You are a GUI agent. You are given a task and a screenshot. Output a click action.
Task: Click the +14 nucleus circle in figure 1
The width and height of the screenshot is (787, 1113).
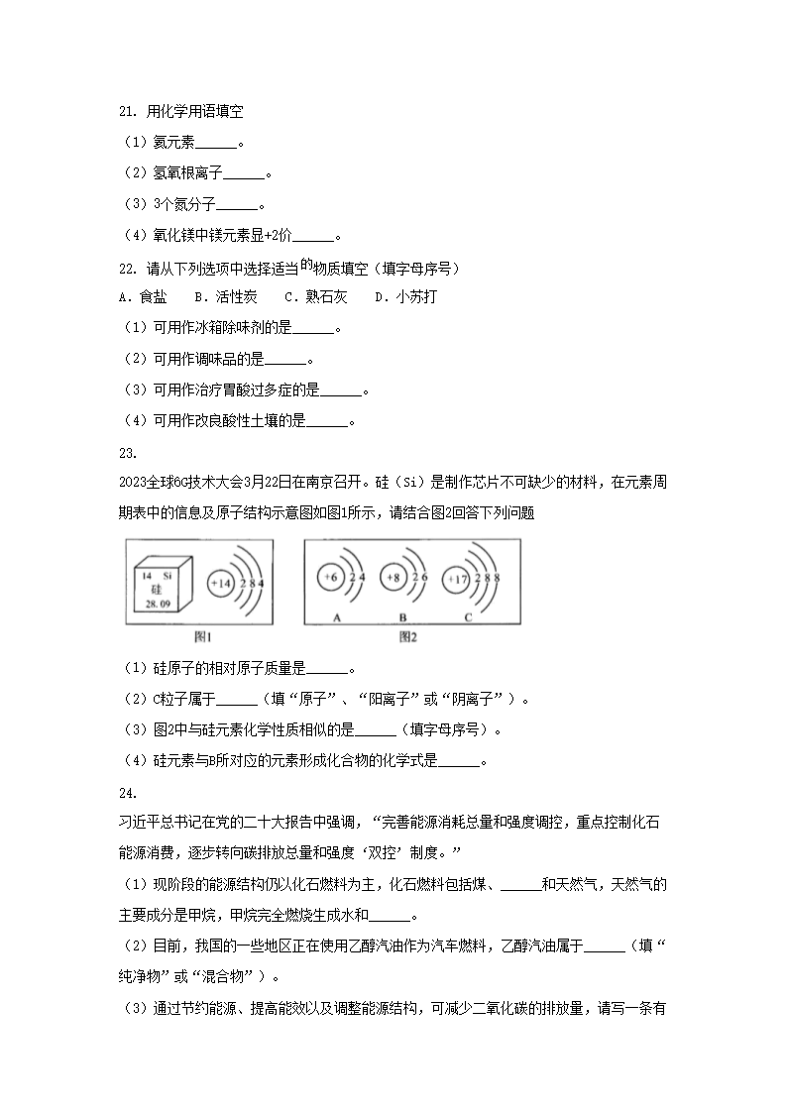pos(220,584)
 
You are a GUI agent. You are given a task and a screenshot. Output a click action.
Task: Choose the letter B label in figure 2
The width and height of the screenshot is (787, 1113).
pos(403,616)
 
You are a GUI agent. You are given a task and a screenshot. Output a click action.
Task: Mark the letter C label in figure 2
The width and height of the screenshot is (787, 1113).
pos(468,616)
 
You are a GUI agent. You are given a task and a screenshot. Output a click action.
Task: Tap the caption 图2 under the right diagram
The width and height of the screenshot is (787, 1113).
pos(409,637)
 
